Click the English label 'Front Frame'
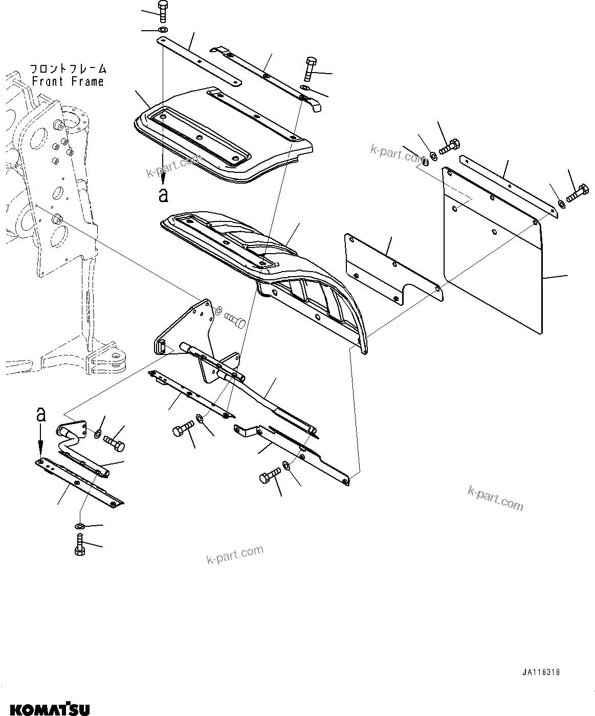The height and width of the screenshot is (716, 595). point(68,81)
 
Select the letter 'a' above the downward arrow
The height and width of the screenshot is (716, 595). point(41,414)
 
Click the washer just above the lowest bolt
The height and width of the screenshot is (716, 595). point(80,526)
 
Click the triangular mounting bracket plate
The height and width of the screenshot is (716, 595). point(189,327)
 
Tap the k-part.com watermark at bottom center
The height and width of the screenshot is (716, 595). point(235,554)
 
